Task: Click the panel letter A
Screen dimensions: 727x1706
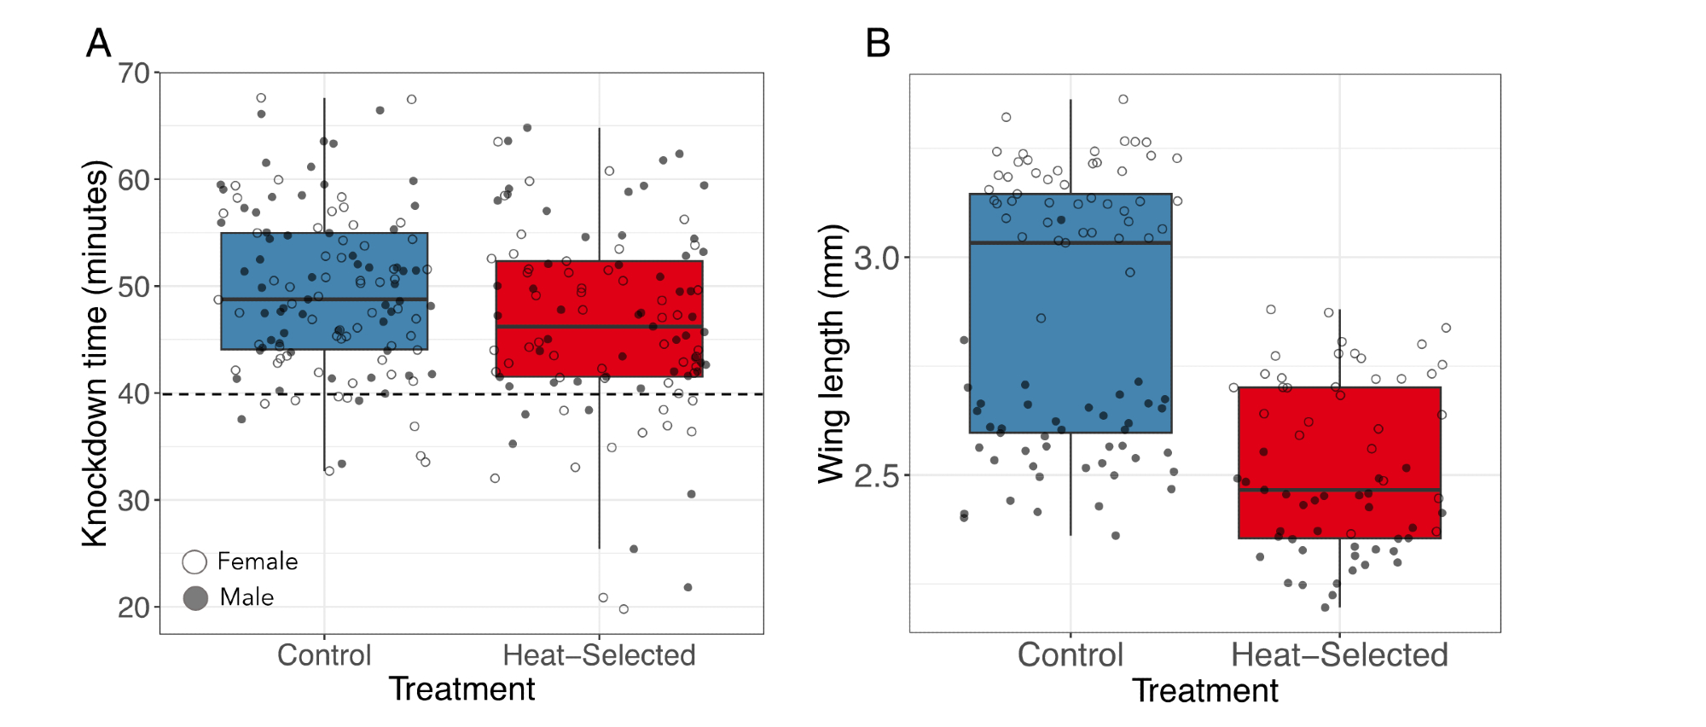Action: (99, 43)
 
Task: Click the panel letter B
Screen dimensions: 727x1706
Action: (878, 43)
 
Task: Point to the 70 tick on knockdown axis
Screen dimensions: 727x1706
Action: (134, 73)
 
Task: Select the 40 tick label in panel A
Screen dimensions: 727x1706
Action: (134, 394)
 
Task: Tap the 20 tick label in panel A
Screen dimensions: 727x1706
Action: (134, 608)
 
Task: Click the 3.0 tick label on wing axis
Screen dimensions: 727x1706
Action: (877, 258)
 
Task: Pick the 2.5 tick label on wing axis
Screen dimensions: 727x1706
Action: (877, 475)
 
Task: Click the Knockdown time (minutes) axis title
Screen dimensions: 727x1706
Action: (96, 353)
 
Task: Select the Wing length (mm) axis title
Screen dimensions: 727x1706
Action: (831, 353)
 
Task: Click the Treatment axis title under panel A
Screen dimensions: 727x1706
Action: (461, 689)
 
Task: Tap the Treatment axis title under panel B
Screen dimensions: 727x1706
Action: (1204, 690)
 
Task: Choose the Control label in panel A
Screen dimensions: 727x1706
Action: (324, 655)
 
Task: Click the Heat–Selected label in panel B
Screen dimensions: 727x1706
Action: (1339, 655)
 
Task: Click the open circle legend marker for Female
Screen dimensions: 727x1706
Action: (195, 561)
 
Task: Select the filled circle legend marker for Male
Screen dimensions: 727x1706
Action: (195, 598)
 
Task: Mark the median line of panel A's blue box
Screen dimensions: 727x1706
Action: (324, 300)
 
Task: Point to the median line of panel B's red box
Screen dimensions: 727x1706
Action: (1339, 490)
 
